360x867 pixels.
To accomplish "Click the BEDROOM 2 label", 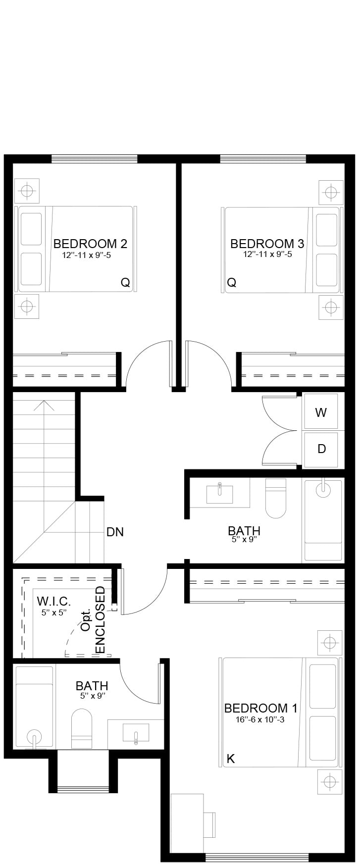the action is [90, 244].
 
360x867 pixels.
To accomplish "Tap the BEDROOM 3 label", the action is [267, 244].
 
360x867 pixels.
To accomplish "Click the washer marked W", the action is [321, 411].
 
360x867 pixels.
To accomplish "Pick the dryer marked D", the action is [321, 449].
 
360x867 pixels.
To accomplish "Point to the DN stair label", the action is [115, 532].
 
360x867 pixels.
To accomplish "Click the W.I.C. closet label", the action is [54, 602].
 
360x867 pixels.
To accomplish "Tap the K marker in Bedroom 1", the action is [230, 759].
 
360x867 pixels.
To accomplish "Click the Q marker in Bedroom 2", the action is [125, 283].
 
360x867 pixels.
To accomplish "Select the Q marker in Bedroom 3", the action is [231, 283].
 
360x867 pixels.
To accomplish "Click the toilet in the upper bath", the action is [276, 498].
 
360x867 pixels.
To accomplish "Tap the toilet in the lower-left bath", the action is [82, 728].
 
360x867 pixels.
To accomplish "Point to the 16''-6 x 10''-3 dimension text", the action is [260, 720].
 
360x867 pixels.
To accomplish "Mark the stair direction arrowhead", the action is [44, 406].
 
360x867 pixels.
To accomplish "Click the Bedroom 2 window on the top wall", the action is [94, 159].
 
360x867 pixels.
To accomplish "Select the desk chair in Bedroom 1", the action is [209, 823].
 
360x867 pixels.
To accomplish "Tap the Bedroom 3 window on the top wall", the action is [263, 159].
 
